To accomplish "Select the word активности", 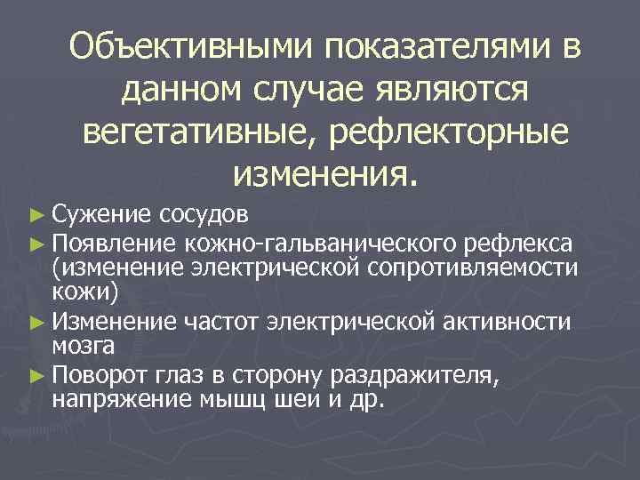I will click(510, 319).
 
